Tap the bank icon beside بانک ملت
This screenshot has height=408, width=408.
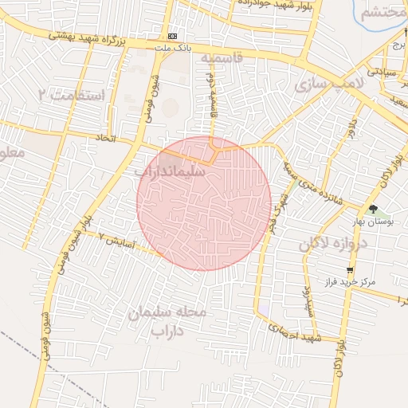[x=173, y=37]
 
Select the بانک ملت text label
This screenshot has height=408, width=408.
[x=173, y=48]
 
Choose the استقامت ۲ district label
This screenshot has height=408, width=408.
[x=72, y=95]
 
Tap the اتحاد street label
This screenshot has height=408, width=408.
[x=106, y=138]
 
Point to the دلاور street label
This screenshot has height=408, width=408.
[x=351, y=127]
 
